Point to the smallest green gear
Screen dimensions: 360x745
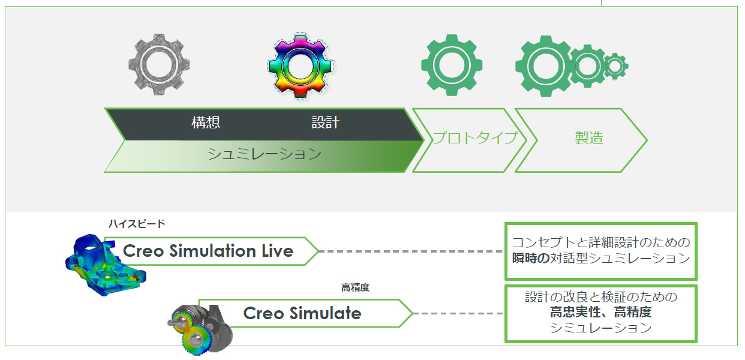coord(615,66)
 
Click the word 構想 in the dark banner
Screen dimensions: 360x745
coord(206,123)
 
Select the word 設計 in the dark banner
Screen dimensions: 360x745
coord(325,123)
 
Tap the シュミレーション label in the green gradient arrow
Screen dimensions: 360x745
coord(265,154)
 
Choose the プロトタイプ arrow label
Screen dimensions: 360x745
coord(474,138)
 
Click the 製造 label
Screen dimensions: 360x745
coord(588,138)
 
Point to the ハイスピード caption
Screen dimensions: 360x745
coord(136,224)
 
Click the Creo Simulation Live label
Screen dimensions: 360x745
coord(208,251)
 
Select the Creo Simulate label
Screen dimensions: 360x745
coord(302,313)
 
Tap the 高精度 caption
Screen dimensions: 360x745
coord(355,288)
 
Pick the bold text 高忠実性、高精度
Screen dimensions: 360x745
coord(600,312)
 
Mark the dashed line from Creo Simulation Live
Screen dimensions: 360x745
coord(411,251)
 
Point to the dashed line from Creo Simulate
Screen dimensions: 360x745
coord(458,314)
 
